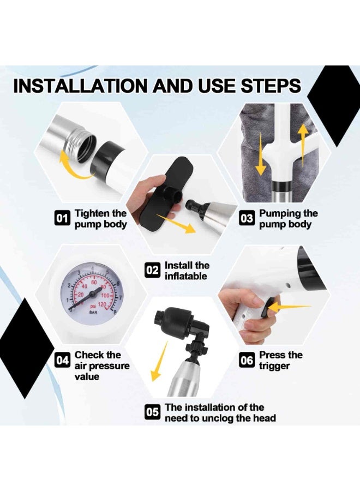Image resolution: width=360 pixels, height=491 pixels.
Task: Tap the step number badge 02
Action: point(152,270)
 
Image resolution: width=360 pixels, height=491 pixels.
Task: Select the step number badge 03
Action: point(247,218)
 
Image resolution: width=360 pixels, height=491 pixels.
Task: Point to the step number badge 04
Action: point(62,361)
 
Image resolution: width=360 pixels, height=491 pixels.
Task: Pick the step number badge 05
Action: point(152,412)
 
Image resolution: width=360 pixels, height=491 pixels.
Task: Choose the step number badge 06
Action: point(247,361)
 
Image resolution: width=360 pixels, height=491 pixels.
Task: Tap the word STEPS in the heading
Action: point(271,86)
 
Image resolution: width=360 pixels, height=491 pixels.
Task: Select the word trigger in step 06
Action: point(274,366)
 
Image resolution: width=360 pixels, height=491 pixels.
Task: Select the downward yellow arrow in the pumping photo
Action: point(260,153)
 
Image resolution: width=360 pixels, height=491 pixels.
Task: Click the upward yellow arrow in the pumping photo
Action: point(302,144)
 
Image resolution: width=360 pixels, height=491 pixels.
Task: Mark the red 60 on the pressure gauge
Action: point(94,283)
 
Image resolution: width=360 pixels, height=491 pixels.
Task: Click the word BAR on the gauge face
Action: point(93,313)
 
